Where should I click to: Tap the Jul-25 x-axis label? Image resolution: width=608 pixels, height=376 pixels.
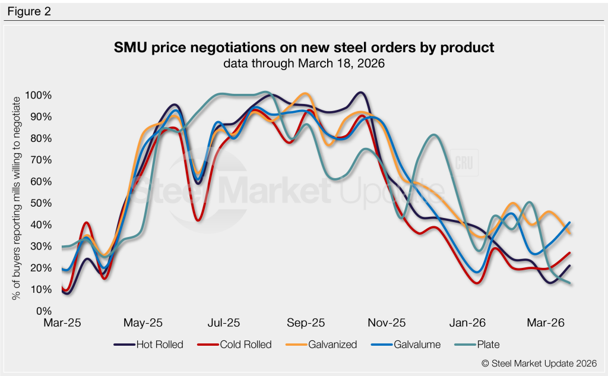(x=224, y=324)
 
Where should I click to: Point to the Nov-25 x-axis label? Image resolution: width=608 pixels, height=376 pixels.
(x=387, y=324)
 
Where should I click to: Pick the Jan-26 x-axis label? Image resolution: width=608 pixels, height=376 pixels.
(x=467, y=324)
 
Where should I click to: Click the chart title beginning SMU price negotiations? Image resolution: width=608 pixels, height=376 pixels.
(x=304, y=48)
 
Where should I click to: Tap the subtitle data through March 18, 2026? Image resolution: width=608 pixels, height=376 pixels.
(x=304, y=63)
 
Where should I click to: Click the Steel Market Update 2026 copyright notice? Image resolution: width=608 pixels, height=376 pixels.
(x=536, y=363)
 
